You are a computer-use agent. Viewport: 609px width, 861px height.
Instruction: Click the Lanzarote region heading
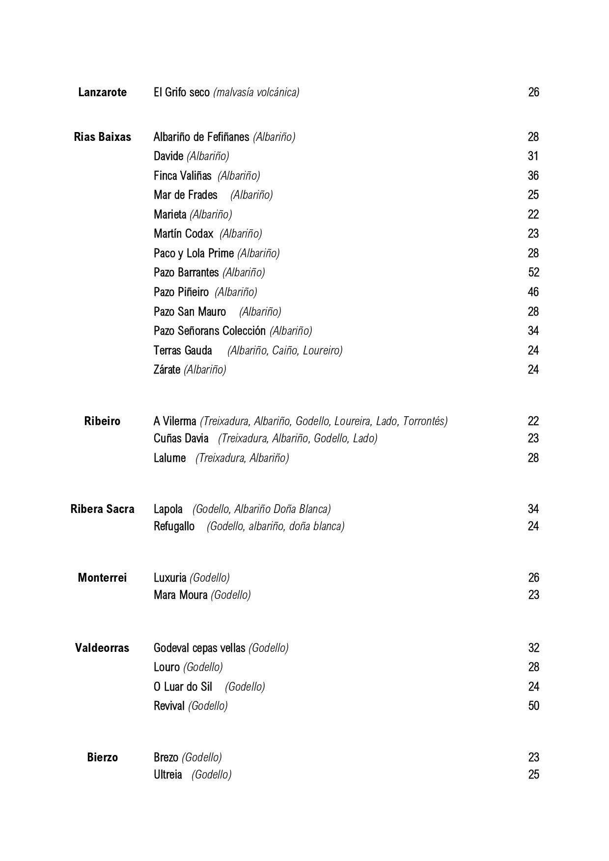tap(102, 92)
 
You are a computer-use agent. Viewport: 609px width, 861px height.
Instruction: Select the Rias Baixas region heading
tap(102, 137)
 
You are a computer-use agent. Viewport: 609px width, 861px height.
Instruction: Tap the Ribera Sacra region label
tap(102, 509)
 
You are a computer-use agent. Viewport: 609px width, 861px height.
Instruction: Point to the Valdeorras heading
tap(102, 648)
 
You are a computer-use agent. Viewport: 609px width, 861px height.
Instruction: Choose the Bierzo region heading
tap(102, 757)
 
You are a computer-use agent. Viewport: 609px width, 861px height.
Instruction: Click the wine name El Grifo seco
tap(182, 92)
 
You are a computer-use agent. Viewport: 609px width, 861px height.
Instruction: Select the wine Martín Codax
tap(184, 234)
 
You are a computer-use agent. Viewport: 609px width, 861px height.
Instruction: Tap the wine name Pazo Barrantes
tap(186, 272)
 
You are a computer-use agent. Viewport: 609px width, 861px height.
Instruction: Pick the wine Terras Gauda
tap(183, 350)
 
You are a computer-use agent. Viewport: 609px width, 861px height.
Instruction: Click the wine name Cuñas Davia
tap(181, 438)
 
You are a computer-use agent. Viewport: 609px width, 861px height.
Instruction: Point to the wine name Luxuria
tap(170, 578)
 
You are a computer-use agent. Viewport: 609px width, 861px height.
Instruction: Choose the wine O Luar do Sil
tap(183, 687)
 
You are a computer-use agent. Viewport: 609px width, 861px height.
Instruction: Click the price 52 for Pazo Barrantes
tap(533, 272)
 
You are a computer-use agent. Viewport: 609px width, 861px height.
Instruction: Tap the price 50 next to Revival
tap(533, 706)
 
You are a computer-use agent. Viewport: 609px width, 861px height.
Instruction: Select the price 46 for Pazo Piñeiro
tap(533, 292)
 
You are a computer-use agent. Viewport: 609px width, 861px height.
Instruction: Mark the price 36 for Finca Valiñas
tap(533, 176)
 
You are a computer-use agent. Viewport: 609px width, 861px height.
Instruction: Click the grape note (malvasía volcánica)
tap(256, 92)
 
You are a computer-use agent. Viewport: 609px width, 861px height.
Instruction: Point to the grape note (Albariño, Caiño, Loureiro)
tap(285, 350)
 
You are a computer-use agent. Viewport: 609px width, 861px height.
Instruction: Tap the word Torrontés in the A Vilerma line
tap(425, 421)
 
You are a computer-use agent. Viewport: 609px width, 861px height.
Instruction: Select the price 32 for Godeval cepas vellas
tap(533, 648)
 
